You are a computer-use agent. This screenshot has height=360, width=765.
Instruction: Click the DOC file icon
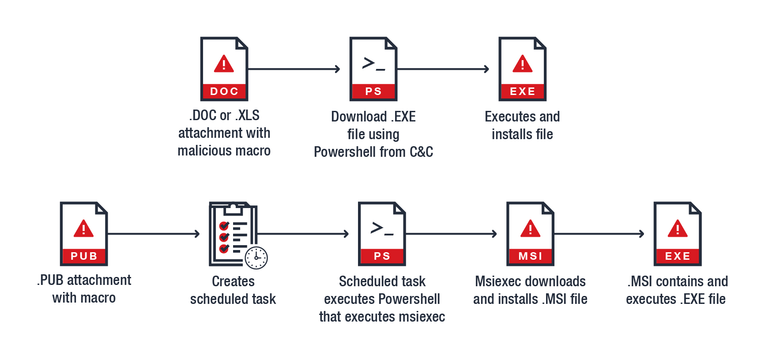pyautogui.click(x=224, y=69)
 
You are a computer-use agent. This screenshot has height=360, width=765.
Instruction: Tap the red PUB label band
pyautogui.click(x=84, y=256)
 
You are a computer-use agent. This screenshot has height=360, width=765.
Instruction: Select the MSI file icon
pyautogui.click(x=530, y=234)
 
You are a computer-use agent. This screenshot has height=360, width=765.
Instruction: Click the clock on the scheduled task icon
pyautogui.click(x=256, y=258)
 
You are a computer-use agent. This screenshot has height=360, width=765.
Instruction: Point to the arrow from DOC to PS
pyautogui.click(x=294, y=69)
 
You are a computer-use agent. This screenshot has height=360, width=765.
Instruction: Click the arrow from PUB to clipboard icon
pyautogui.click(x=154, y=234)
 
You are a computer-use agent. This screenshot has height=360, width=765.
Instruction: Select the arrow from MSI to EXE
pyautogui.click(x=599, y=234)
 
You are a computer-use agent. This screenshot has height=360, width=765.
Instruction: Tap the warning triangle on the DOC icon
pyautogui.click(x=224, y=64)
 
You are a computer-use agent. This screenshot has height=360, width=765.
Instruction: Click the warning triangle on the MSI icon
pyautogui.click(x=530, y=229)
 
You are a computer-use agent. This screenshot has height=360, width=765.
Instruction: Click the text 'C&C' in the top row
pyautogui.click(x=421, y=152)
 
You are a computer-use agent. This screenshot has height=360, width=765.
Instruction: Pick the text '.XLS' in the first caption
pyautogui.click(x=247, y=115)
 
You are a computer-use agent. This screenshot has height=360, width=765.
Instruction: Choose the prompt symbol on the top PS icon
pyautogui.click(x=373, y=64)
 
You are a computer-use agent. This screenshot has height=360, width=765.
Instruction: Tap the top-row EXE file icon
pyautogui.click(x=522, y=69)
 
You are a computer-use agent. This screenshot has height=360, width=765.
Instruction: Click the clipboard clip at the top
pyautogui.click(x=233, y=208)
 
